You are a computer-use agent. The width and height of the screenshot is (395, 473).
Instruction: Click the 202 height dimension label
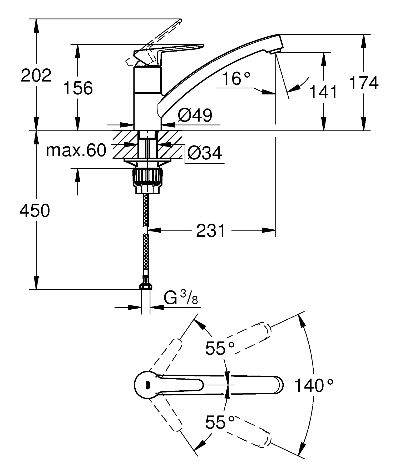click(36, 76)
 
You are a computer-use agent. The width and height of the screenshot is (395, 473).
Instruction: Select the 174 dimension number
click(364, 83)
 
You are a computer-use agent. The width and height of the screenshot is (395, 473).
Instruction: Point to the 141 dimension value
click(323, 92)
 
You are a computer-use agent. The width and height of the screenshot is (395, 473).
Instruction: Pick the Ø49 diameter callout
click(195, 115)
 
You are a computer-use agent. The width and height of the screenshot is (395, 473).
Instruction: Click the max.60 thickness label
click(76, 150)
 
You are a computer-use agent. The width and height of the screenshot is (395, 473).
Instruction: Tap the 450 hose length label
click(35, 211)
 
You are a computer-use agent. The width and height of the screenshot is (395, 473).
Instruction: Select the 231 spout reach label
click(211, 231)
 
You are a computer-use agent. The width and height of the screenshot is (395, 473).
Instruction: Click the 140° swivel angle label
click(314, 385)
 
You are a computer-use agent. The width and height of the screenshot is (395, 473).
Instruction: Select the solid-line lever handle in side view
click(179, 48)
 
